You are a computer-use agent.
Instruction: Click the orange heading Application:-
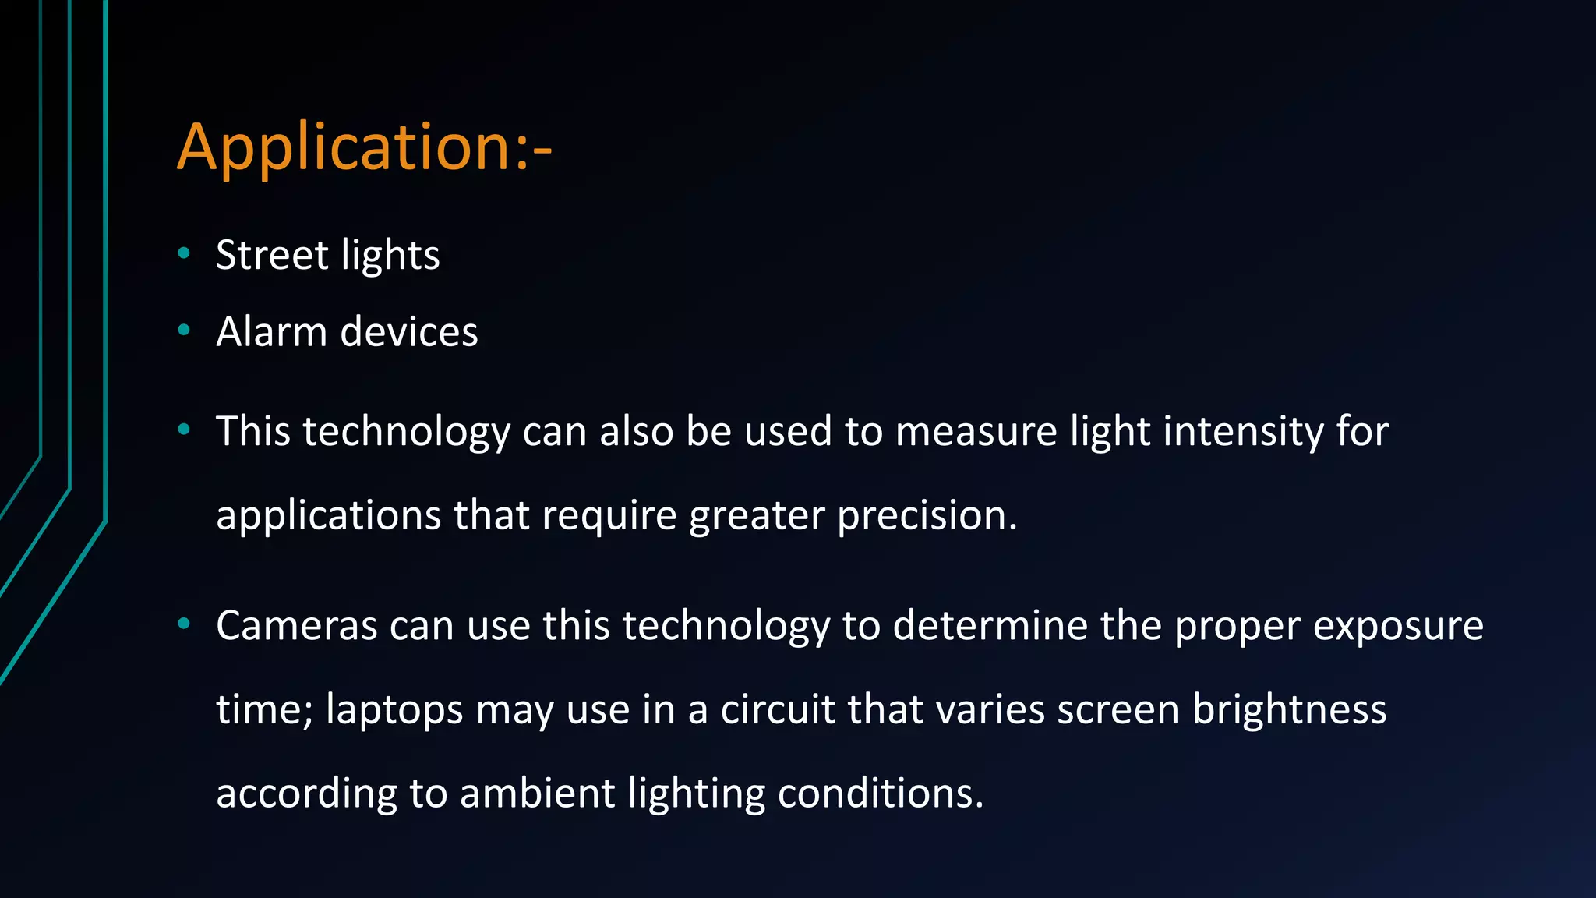364,147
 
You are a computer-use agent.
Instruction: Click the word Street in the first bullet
272,255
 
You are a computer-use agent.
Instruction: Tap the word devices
409,332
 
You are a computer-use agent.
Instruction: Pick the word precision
927,515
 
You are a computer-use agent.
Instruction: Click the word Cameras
297,625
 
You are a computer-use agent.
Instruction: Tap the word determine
990,625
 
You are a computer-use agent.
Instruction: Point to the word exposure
1398,625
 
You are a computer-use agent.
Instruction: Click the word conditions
881,794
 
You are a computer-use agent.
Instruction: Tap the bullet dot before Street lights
184,253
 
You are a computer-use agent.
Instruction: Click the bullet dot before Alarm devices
184,330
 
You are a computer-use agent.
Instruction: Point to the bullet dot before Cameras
184,623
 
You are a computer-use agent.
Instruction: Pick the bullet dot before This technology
184,429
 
